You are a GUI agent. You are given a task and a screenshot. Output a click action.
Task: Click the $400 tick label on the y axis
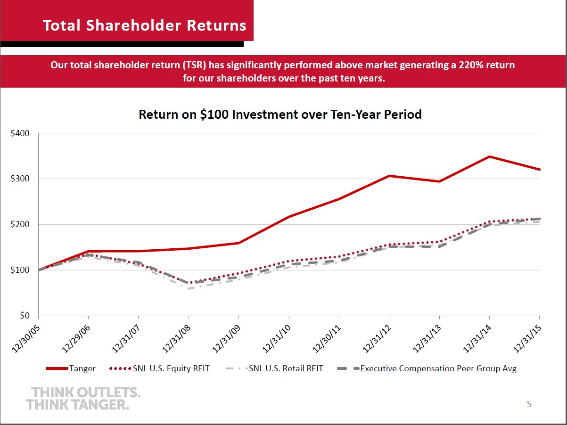[20, 133]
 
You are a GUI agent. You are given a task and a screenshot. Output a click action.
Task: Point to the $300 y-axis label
[20, 179]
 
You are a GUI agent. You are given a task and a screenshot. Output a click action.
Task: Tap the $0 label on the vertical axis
[25, 316]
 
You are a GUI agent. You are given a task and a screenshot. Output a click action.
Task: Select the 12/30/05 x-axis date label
[26, 339]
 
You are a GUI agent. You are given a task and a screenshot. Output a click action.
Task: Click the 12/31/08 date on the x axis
[176, 339]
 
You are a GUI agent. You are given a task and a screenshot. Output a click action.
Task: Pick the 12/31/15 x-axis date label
[527, 339]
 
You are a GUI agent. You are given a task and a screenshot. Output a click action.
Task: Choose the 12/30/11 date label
[327, 339]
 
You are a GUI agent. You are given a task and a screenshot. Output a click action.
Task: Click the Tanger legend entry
[71, 368]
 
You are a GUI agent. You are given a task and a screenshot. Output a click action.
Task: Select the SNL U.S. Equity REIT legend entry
[159, 368]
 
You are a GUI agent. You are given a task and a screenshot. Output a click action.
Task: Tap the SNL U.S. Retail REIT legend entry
[274, 368]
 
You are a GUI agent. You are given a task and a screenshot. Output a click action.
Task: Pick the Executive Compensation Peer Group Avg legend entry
[427, 368]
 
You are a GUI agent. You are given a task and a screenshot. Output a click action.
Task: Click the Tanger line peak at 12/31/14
[489, 156]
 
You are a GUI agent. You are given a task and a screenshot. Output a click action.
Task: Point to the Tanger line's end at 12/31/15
[539, 170]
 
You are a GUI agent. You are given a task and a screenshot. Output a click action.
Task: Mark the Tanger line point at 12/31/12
[389, 176]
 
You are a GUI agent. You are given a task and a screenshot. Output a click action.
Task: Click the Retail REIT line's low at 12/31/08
[189, 288]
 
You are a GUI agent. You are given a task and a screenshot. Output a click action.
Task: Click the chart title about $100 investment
[280, 114]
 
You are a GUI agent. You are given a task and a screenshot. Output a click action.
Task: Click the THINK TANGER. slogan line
[77, 404]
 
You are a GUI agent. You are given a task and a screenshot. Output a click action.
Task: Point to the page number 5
[529, 404]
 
